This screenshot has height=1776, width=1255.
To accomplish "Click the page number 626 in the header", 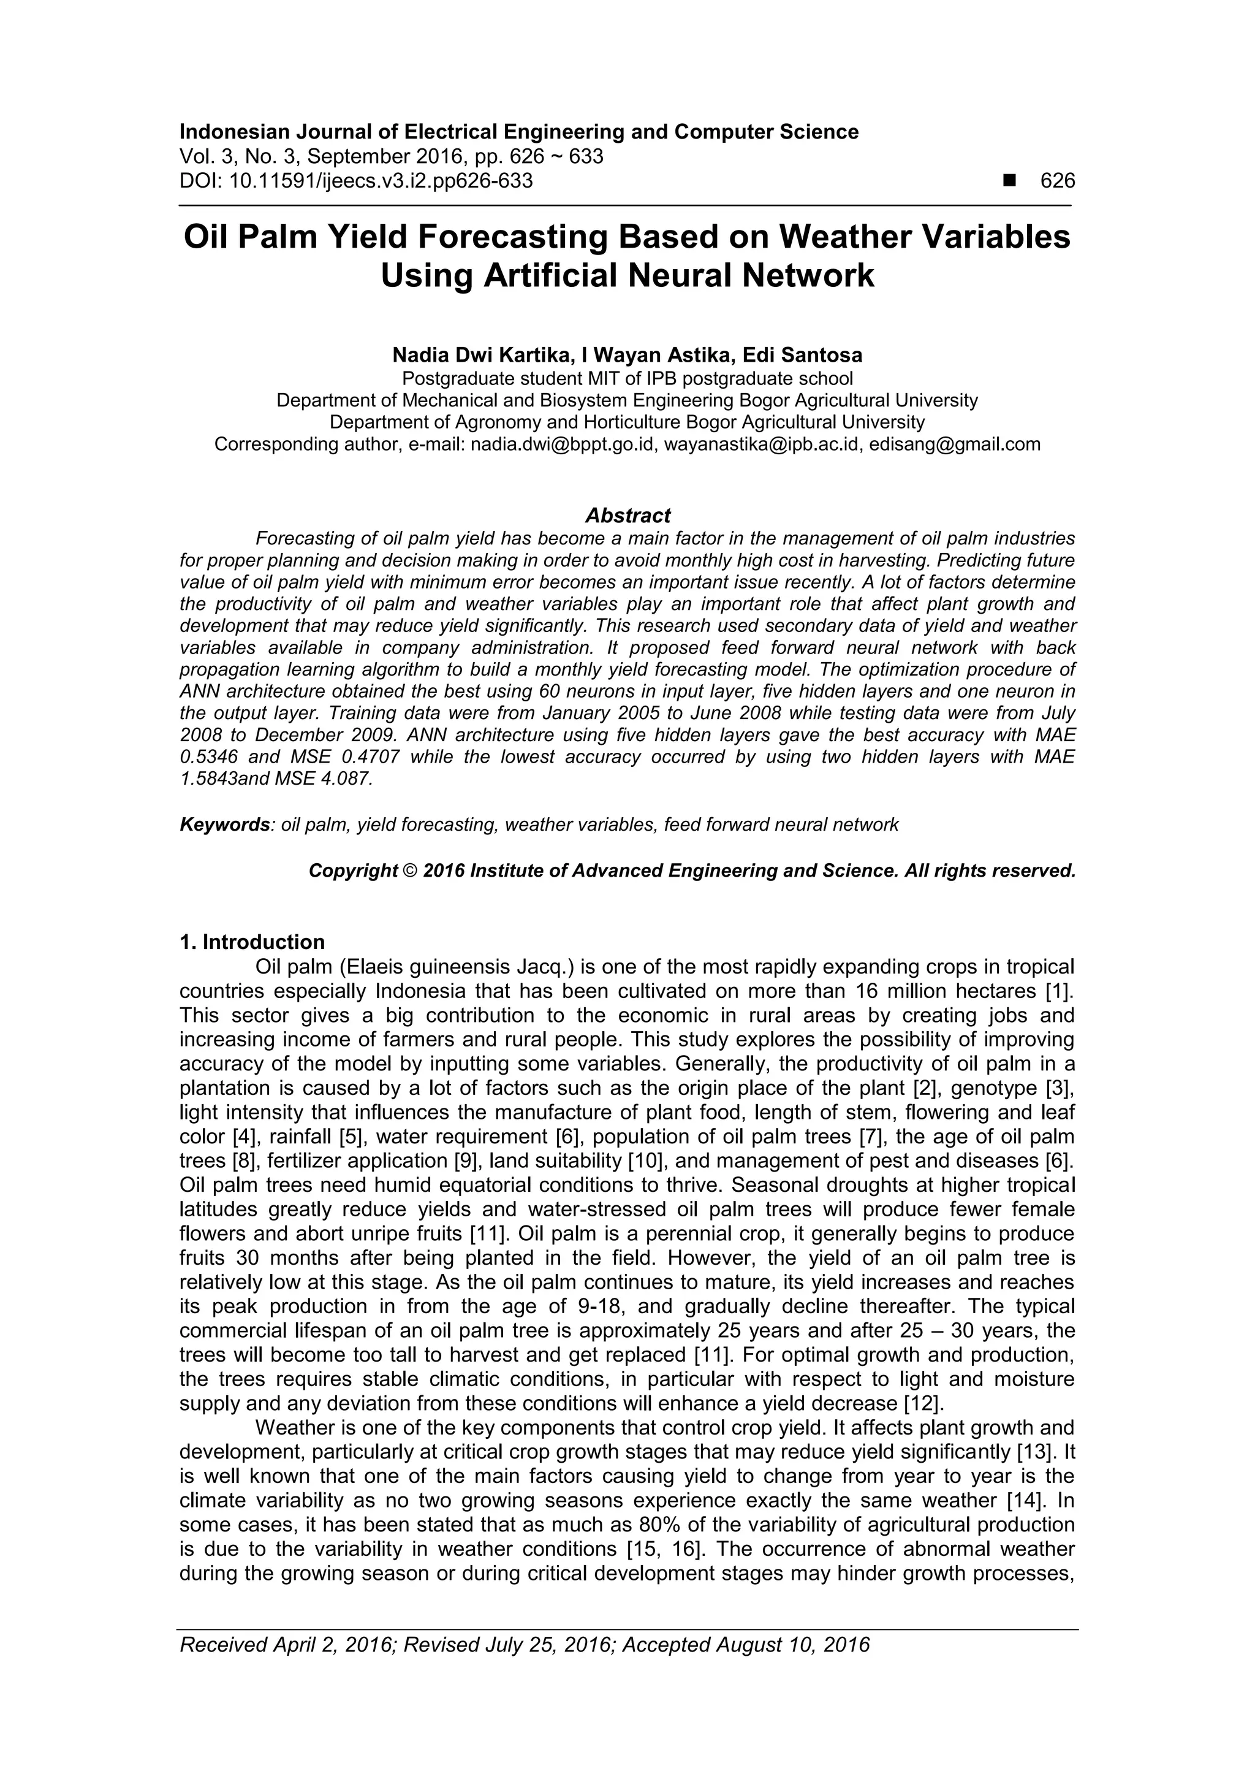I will tap(1057, 181).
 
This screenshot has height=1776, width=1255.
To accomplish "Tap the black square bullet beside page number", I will tap(1009, 181).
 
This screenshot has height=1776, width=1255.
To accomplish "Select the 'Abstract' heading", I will tap(627, 515).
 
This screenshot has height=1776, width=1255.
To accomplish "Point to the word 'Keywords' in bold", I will tap(224, 825).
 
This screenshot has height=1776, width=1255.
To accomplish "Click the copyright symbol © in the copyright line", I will tap(410, 871).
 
